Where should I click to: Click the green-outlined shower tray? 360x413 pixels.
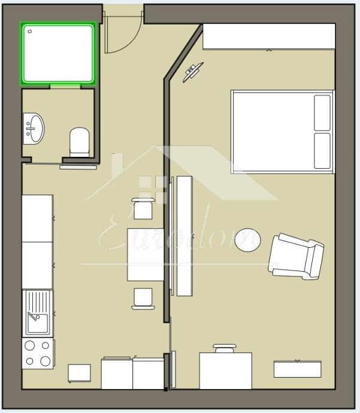[58, 53]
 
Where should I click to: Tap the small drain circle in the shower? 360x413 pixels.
[30, 31]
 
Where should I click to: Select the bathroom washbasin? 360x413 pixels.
[34, 129]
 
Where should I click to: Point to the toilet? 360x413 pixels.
[79, 141]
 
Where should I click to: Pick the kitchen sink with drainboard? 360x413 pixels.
[37, 312]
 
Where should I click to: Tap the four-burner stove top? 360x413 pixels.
[37, 353]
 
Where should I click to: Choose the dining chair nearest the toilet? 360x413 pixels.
[143, 209]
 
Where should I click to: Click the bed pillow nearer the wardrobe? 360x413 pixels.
[322, 113]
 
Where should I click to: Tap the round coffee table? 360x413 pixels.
[247, 239]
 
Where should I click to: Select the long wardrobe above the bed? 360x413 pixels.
[268, 37]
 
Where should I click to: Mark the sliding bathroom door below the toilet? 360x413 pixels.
[78, 168]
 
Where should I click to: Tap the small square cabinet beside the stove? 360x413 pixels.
[79, 373]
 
